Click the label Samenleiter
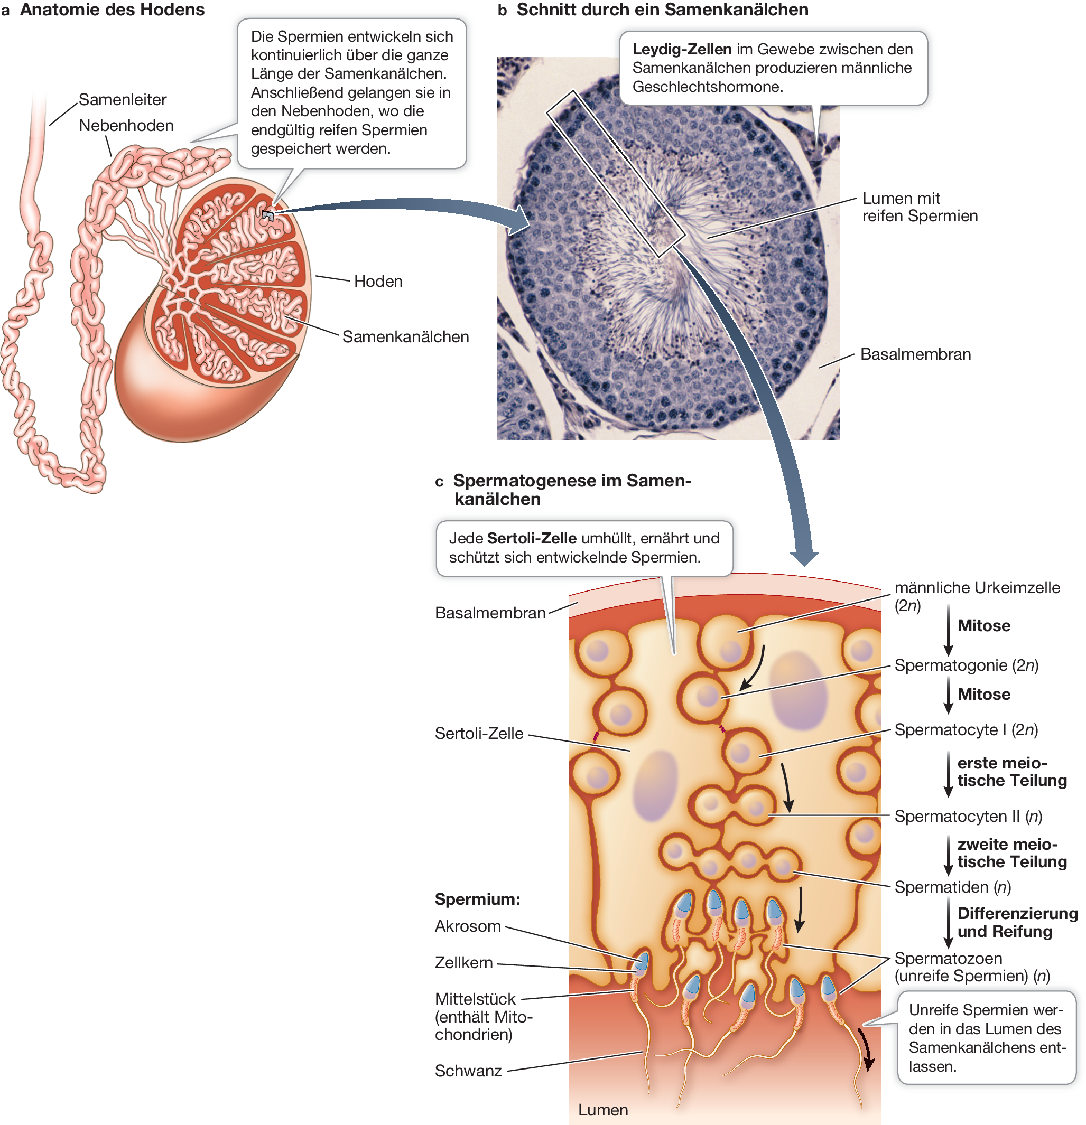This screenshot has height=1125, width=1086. [122, 100]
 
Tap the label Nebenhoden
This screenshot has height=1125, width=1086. [126, 126]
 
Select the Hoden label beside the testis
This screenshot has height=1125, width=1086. [378, 281]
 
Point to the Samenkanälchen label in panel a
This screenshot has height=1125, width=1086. [405, 337]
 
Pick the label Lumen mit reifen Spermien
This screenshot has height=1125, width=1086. [919, 207]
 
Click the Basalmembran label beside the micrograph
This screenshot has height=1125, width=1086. [915, 355]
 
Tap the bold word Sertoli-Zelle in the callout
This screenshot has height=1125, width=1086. [531, 538]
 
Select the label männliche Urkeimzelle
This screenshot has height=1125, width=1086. [976, 588]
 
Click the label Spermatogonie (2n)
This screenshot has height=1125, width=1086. [966, 666]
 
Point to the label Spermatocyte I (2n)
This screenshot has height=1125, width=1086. [966, 730]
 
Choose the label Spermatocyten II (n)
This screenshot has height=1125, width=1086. [968, 816]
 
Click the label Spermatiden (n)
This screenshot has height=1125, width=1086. [952, 887]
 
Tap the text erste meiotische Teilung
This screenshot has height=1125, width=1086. [1011, 772]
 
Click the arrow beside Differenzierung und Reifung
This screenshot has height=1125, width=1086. [948, 922]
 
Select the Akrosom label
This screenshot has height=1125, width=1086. [468, 926]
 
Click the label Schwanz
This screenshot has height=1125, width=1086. [468, 1071]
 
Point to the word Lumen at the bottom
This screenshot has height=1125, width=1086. [602, 1110]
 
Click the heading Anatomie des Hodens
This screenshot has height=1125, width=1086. [112, 10]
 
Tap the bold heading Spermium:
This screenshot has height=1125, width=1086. [477, 899]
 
